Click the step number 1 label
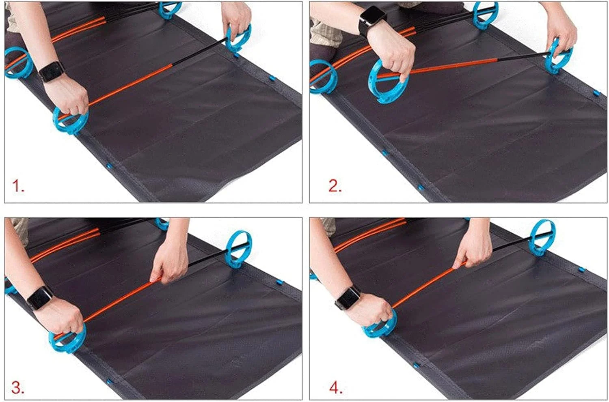[18, 186]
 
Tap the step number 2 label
[335, 186]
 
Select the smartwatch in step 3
[40, 298]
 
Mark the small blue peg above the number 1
[109, 166]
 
